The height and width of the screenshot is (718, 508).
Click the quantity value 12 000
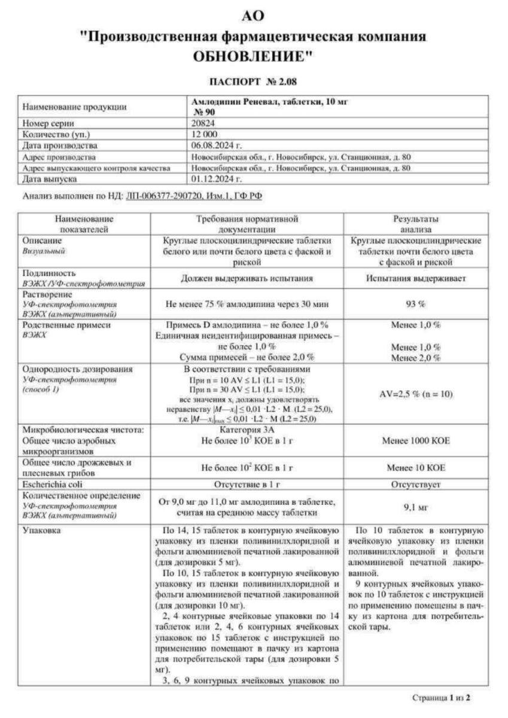tap(205, 134)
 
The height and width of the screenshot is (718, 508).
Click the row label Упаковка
tap(41, 530)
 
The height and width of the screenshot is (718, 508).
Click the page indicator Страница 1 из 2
tap(442, 698)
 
